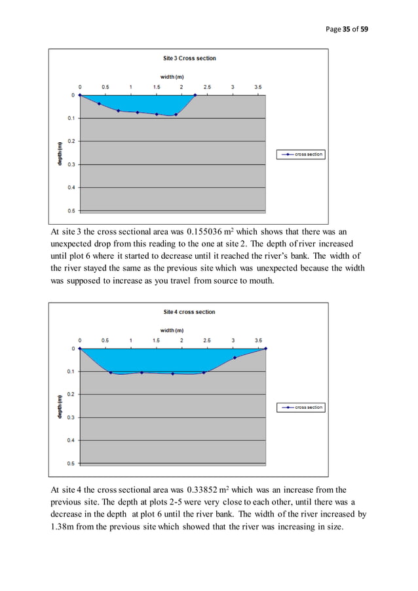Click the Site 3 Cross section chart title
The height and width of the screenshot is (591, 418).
(x=189, y=58)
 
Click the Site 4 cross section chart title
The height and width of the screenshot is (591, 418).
(x=189, y=312)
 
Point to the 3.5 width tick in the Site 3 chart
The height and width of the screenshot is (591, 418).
(x=258, y=86)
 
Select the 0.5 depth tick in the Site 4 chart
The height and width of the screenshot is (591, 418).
(x=70, y=463)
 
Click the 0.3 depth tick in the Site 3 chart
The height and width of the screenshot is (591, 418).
(x=70, y=164)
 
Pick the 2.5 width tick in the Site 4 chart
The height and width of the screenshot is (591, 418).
(x=207, y=340)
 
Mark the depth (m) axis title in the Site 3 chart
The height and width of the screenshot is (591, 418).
(x=60, y=154)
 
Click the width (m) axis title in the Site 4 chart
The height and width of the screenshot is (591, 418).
(x=172, y=330)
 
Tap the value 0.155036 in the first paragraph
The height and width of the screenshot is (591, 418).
(x=208, y=231)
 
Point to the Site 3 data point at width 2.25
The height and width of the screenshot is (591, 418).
(x=195, y=95)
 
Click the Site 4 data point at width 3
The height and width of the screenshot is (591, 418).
(x=235, y=358)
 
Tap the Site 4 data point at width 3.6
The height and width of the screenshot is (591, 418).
(x=265, y=349)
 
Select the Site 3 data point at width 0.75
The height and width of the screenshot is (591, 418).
(x=118, y=111)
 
